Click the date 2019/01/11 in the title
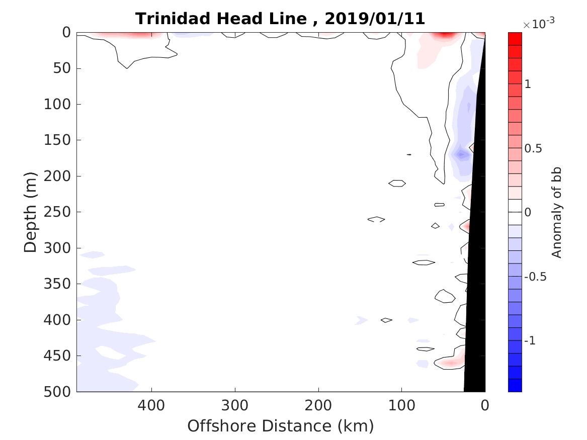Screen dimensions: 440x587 click(375, 19)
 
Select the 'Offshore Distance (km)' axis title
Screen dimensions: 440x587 click(281, 426)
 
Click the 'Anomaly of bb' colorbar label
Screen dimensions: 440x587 click(556, 212)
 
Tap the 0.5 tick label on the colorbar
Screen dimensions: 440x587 click(533, 149)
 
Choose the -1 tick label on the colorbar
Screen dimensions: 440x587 click(529, 341)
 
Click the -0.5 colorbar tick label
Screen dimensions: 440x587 click(534, 277)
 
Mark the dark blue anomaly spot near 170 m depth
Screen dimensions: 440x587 click(461, 154)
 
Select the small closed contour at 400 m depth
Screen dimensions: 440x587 click(386, 320)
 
